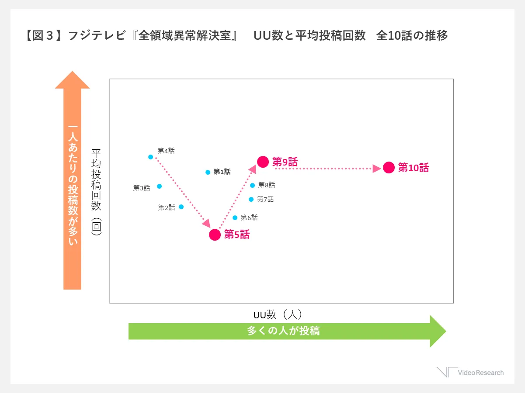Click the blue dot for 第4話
pos(150,157)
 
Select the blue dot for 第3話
pos(159,186)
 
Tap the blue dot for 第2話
pos(181,207)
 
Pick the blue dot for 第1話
pos(208,172)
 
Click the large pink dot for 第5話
pos(215,235)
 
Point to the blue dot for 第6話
pos(235,217)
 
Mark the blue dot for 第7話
pos(251,199)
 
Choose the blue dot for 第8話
pos(252,185)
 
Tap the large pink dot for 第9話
pos(262,162)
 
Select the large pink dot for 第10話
pos(389,168)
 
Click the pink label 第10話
pos(414,168)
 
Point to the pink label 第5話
pos(237,235)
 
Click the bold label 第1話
pos(222,172)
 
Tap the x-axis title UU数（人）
pos(278,314)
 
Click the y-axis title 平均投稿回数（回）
pos(96,192)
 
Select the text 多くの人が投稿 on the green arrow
pos(283,331)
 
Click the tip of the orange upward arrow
pos(72,73)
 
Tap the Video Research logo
pos(470,372)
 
